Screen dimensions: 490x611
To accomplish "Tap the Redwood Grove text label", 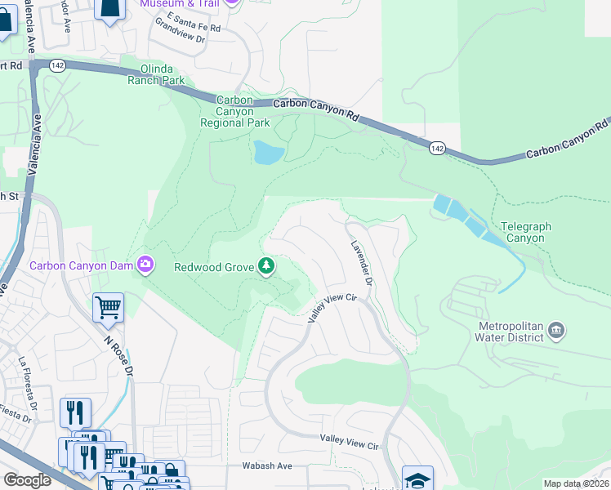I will [x=215, y=266].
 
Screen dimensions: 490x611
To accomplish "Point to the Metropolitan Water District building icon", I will [x=556, y=330].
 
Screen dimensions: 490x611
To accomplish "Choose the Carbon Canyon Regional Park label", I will [x=235, y=112].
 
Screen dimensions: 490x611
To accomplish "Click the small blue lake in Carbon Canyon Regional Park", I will [x=269, y=153].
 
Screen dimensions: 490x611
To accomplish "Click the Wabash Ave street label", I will [x=267, y=465].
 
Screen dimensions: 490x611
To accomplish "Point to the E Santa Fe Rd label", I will [x=193, y=27].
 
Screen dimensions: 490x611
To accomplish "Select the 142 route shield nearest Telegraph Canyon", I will [x=437, y=148].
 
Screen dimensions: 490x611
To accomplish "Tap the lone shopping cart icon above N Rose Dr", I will [x=108, y=308].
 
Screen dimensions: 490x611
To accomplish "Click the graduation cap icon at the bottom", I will [x=417, y=479].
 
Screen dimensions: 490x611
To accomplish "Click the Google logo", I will [x=27, y=480].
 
